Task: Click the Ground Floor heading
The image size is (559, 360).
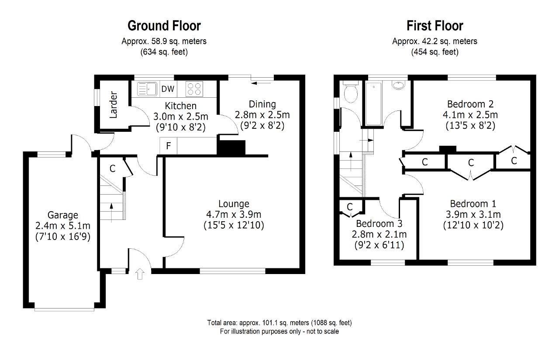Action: point(164,26)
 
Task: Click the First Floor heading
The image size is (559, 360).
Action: point(435,26)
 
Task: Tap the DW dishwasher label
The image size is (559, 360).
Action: point(168,89)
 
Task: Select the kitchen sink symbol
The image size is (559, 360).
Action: point(147,89)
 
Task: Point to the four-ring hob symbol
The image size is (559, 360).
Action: point(194,89)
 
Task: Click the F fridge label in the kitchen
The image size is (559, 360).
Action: point(169,146)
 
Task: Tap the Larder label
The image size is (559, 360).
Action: point(113,105)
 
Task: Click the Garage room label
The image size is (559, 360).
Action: point(62,215)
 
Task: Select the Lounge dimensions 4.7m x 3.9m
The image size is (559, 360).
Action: point(234,214)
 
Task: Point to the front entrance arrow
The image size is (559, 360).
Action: point(140,274)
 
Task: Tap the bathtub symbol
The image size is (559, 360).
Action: point(373,104)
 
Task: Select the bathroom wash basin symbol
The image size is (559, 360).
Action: point(399,85)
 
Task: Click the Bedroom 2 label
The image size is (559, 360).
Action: point(470,104)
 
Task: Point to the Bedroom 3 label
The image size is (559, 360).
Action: point(379,223)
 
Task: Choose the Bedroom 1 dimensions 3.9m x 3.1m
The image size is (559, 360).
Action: point(473,214)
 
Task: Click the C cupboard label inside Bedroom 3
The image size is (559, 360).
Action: point(350,207)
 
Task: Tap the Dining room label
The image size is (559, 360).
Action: point(262,104)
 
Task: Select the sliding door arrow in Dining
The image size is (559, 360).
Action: point(261,83)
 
